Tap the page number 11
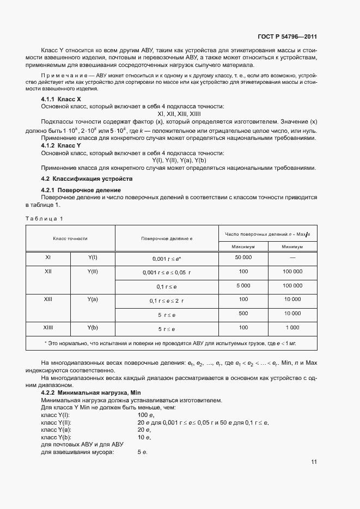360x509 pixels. coord(314,462)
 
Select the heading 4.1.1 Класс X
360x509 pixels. coord(61,100)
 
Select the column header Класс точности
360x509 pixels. coord(70,238)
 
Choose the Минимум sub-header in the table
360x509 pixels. coord(292,247)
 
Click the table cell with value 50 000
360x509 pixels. coord(243,256)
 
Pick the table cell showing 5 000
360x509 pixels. coord(243,285)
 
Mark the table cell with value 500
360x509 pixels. coord(243,314)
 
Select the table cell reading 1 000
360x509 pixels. coord(292,328)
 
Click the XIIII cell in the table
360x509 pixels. coord(48,328)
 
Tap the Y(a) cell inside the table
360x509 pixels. coord(93,299)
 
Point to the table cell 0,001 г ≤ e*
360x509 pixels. coord(167,257)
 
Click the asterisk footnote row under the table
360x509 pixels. coord(172,343)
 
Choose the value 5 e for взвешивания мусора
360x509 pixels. coord(143,452)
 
